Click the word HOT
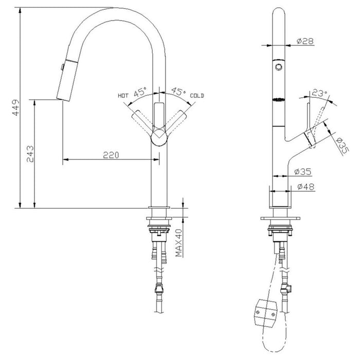point(123,96)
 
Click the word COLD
point(197,96)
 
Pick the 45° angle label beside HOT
point(140,93)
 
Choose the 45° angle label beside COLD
point(178,93)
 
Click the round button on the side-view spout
point(278,67)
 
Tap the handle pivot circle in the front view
point(159,138)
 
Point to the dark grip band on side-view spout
point(278,100)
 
